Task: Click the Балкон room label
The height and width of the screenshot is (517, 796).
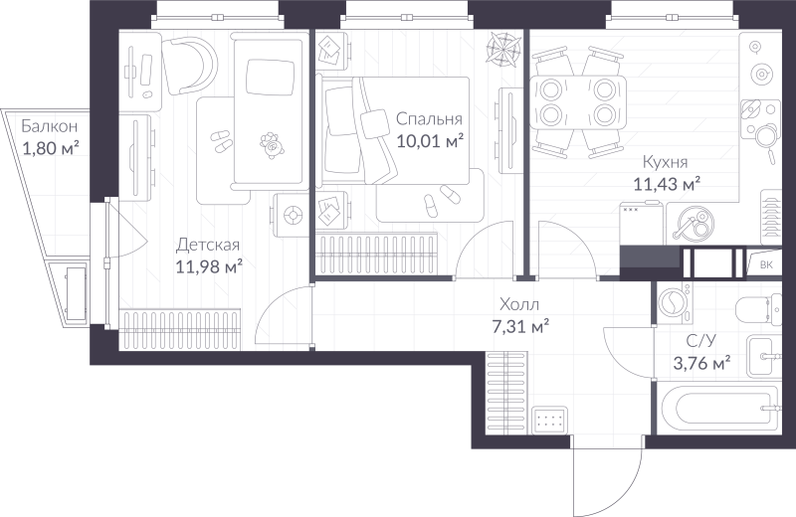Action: [49, 126]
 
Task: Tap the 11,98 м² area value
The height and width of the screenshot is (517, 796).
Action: [209, 266]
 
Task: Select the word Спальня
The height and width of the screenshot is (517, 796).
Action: [429, 119]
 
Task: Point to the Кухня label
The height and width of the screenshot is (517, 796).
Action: [665, 162]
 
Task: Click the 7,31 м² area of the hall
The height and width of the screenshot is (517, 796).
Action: [520, 326]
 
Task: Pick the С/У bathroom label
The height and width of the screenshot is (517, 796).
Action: [701, 341]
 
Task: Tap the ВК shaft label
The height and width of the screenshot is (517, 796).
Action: [766, 264]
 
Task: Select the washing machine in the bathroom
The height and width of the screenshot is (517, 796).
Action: [674, 303]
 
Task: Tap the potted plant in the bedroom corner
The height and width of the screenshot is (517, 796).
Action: [503, 49]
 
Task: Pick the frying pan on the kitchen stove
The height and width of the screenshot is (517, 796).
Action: [763, 137]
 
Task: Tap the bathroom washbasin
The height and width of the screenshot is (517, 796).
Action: [764, 357]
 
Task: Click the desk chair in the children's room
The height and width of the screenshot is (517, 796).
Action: [190, 66]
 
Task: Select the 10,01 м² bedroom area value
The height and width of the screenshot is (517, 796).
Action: [430, 140]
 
